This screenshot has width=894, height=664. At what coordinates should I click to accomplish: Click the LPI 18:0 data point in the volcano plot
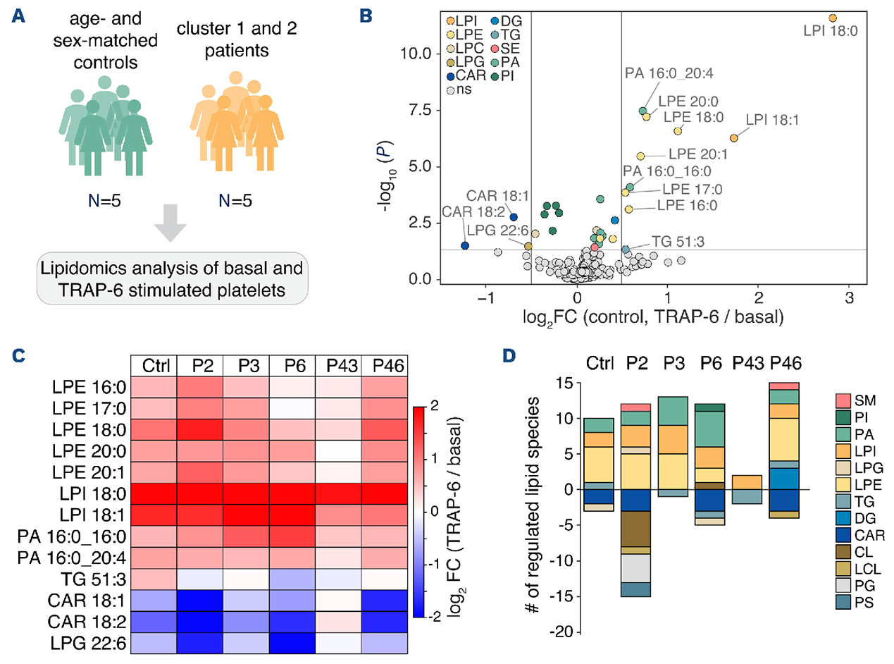[832, 18]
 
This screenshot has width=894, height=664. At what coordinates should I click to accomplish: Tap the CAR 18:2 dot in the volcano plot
[465, 245]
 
